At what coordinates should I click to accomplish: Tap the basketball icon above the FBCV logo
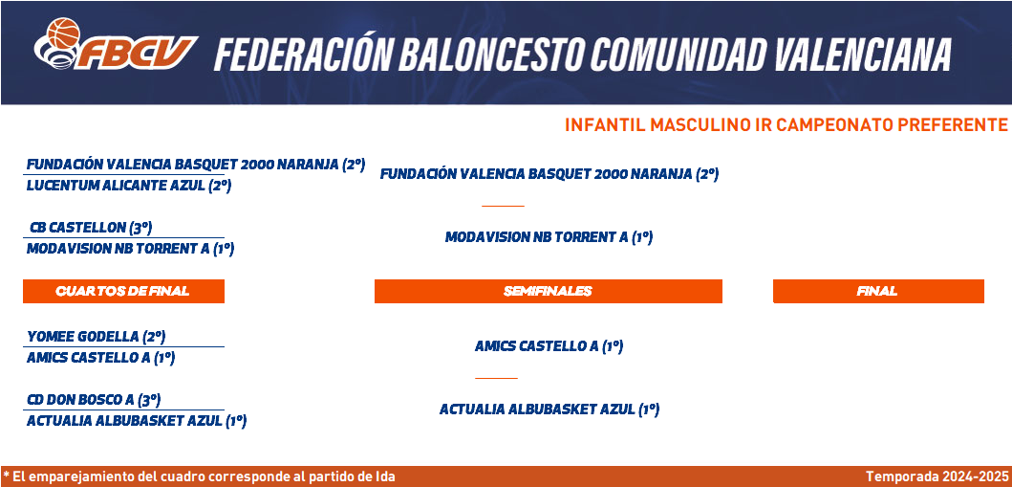click(63, 33)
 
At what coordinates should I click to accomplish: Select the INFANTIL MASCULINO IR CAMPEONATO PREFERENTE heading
click(786, 124)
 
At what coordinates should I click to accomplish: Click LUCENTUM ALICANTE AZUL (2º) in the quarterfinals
click(129, 186)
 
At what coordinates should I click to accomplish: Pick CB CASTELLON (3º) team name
click(91, 228)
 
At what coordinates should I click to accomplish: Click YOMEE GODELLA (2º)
click(97, 337)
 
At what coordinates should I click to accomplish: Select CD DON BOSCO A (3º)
click(94, 400)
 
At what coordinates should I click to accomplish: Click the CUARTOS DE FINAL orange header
click(123, 291)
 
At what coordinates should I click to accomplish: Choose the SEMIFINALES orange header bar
click(548, 291)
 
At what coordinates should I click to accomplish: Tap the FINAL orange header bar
click(878, 291)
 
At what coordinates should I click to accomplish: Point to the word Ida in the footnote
click(385, 477)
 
